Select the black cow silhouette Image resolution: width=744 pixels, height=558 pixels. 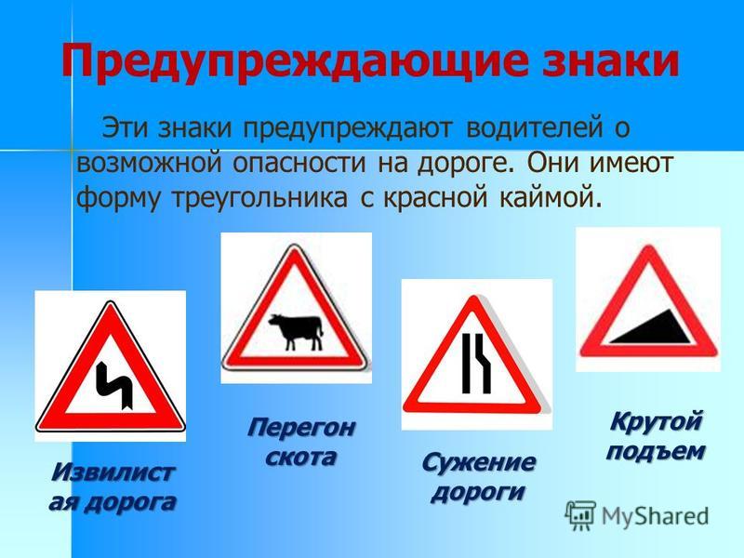pos(297,331)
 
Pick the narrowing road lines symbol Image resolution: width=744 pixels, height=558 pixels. pos(476,363)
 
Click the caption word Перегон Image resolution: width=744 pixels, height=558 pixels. pos(300,428)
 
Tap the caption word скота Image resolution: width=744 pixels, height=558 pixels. pos(301,457)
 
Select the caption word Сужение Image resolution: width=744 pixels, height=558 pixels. pos(478,461)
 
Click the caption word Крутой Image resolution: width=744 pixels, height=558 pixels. pos(656,421)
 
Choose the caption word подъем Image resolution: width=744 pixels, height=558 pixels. pos(656,451)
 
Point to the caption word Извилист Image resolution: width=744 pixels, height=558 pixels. pos(113,472)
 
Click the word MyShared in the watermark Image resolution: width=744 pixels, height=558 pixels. pos(655,516)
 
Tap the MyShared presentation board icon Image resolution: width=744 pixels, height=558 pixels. pos(579,515)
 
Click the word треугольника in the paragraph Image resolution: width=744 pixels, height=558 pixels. pos(259,197)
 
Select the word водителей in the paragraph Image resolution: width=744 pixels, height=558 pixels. pos(534,128)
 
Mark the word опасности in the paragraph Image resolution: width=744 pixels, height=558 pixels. pos(299,164)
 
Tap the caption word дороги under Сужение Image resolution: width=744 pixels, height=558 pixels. pos(478,492)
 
